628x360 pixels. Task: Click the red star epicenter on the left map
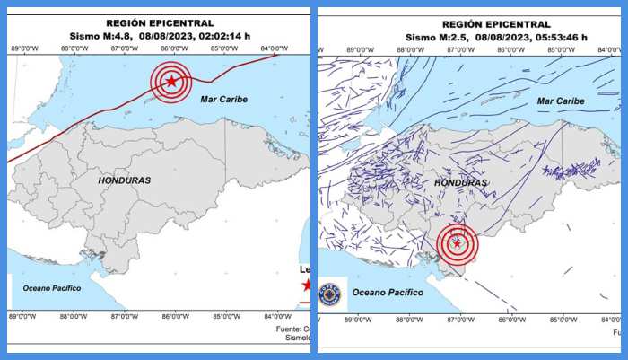click(x=171, y=82)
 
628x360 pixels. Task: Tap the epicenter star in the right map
click(x=458, y=243)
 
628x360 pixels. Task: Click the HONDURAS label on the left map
click(x=124, y=180)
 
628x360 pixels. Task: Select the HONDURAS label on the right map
click(x=460, y=182)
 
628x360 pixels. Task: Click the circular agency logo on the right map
click(x=329, y=294)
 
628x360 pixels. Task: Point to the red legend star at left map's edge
click(x=307, y=285)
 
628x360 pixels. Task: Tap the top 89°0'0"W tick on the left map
click(x=23, y=48)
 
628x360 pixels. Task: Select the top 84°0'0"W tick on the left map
click(x=275, y=48)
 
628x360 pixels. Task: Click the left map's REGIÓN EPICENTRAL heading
click(x=160, y=22)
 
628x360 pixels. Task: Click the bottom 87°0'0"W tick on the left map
click(x=124, y=316)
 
